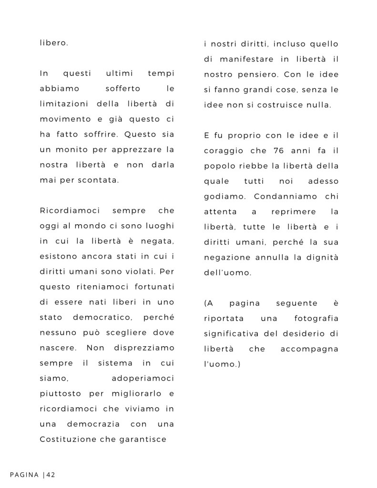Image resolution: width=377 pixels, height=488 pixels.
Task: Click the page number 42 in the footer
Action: [x=51, y=475]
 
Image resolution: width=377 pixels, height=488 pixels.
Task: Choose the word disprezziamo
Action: [x=144, y=349]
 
